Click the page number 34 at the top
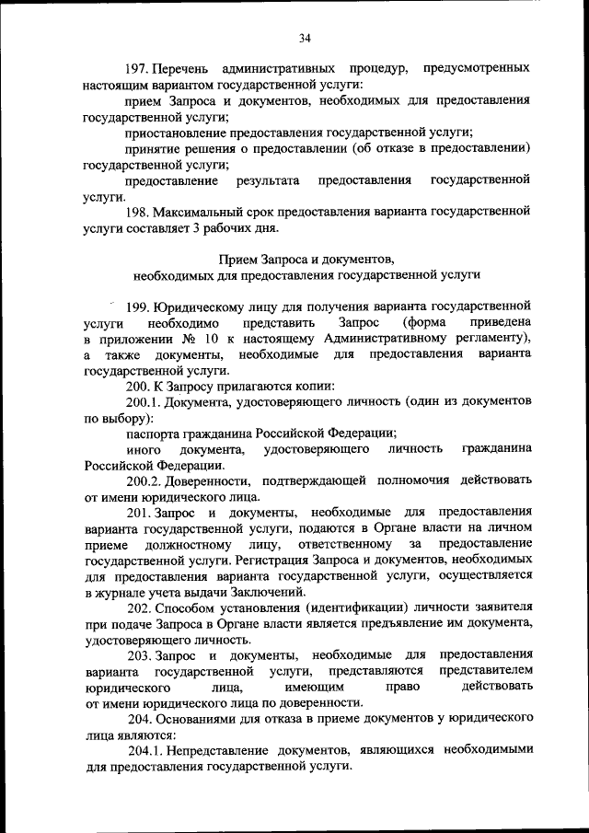[x=305, y=37]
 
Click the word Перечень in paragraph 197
[x=181, y=69]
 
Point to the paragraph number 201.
[x=141, y=513]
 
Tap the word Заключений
[x=279, y=592]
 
